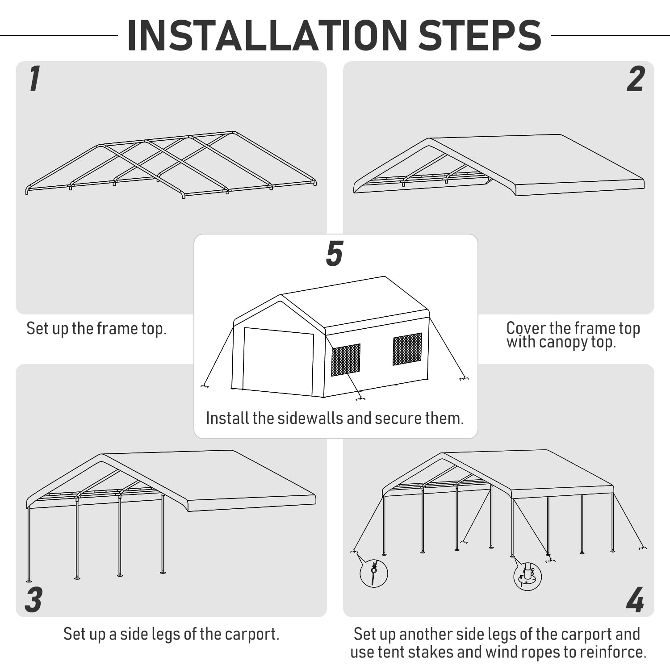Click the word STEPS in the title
(480, 36)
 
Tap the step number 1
(34, 79)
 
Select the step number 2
(636, 80)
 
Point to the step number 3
(34, 599)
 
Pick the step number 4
(635, 599)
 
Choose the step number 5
(335, 254)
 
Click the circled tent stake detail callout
(373, 573)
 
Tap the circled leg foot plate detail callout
(528, 576)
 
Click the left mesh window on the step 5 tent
(345, 360)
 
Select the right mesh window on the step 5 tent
(407, 349)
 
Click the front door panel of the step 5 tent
(278, 361)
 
